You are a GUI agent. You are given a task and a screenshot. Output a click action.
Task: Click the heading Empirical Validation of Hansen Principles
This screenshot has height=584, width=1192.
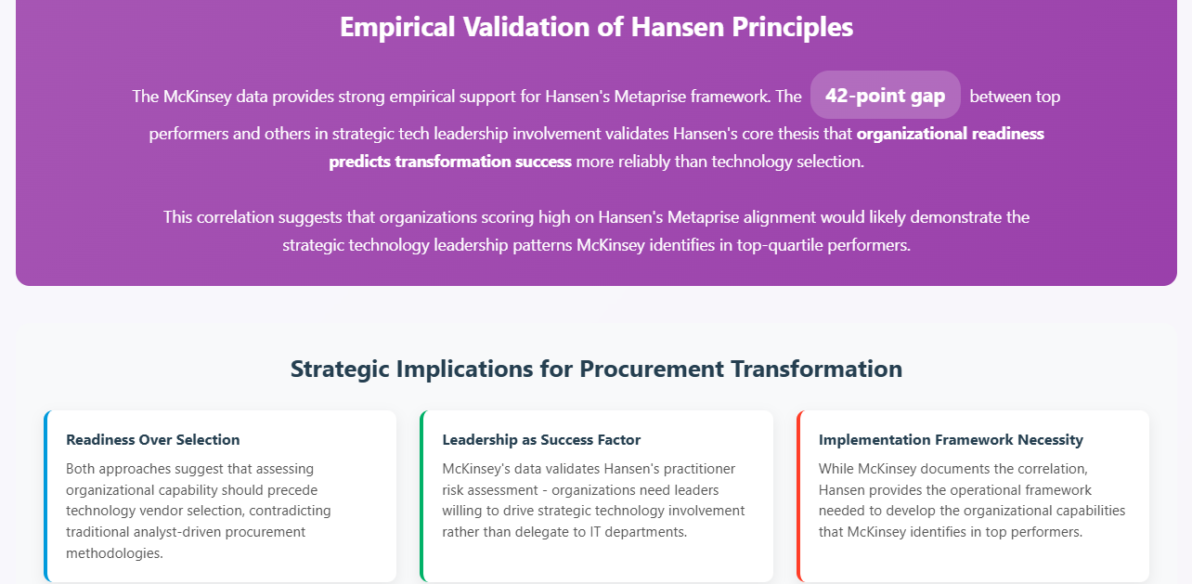click(x=596, y=27)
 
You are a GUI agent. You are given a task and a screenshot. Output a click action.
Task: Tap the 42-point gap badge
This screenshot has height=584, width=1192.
click(x=885, y=96)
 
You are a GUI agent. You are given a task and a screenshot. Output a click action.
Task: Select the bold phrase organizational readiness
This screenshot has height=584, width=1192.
click(x=950, y=133)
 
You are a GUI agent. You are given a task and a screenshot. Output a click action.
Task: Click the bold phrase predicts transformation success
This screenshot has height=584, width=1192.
click(x=450, y=162)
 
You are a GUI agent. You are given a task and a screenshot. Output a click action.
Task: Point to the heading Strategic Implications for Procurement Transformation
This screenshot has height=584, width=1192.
click(x=596, y=369)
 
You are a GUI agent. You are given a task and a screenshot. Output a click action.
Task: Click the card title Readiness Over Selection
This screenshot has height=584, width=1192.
click(x=153, y=440)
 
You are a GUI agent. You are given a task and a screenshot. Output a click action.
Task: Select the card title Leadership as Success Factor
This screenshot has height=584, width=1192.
click(x=541, y=440)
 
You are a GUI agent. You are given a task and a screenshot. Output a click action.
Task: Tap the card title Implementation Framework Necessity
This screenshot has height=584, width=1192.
click(x=951, y=440)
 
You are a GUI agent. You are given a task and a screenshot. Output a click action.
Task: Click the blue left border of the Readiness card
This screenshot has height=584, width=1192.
click(x=45, y=496)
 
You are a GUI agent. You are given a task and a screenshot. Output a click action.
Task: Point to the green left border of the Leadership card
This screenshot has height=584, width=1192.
click(x=422, y=496)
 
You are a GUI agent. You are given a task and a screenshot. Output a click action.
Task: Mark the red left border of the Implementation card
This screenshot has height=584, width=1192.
click(x=798, y=496)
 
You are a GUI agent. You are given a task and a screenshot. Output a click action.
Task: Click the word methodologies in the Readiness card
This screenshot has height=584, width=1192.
click(x=114, y=553)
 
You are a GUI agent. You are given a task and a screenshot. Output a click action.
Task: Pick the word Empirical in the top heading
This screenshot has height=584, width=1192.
click(x=397, y=27)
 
